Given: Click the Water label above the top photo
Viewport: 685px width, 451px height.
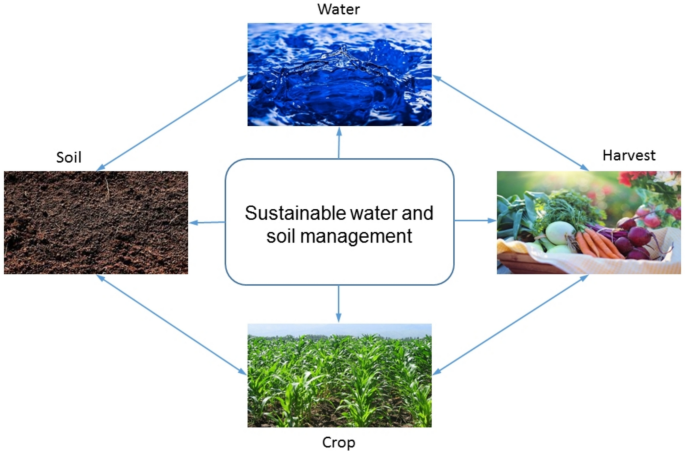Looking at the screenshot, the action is pyautogui.click(x=339, y=10).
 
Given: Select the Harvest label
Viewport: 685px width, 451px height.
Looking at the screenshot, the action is pyautogui.click(x=629, y=156).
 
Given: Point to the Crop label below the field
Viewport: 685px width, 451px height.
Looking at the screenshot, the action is pyautogui.click(x=340, y=440).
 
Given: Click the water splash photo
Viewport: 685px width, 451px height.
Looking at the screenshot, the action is pyautogui.click(x=340, y=74).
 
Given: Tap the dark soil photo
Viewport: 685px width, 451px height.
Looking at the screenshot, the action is pyautogui.click(x=95, y=222).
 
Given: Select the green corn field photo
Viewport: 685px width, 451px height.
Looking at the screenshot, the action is pyautogui.click(x=340, y=375).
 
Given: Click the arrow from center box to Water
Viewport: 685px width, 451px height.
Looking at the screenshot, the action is pyautogui.click(x=340, y=142).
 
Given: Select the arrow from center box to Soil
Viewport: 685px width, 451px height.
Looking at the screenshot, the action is pyautogui.click(x=207, y=222).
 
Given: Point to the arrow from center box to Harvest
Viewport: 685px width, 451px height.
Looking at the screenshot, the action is pyautogui.click(x=474, y=221).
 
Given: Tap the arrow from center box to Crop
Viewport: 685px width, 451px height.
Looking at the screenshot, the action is pyautogui.click(x=340, y=303).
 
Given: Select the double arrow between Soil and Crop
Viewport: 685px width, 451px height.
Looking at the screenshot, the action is pyautogui.click(x=172, y=325).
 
